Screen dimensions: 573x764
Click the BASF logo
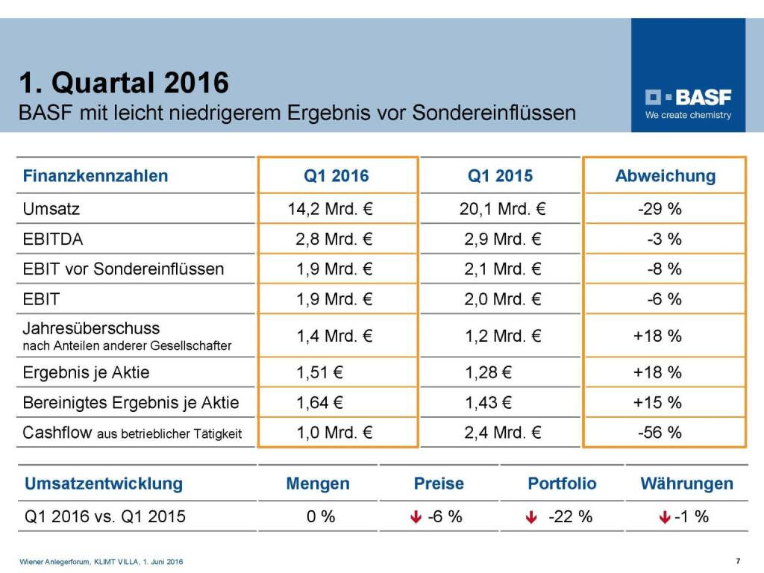(x=688, y=97)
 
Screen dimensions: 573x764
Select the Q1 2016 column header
(x=336, y=176)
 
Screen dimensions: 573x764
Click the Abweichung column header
(x=665, y=176)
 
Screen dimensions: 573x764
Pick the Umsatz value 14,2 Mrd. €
(x=331, y=209)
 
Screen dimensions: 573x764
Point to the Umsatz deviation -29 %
(x=660, y=209)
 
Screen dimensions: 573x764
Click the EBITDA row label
(x=53, y=239)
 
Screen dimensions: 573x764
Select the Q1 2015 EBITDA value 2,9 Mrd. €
(x=503, y=239)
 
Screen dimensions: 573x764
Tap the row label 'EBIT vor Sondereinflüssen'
(x=123, y=269)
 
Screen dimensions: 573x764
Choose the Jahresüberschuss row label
(x=91, y=328)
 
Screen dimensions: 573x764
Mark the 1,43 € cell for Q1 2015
(x=487, y=403)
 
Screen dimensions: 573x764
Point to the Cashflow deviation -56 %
(x=660, y=433)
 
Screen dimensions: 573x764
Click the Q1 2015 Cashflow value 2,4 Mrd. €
(x=503, y=433)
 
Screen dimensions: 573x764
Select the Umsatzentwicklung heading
(x=104, y=483)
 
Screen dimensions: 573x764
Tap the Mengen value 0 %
(x=321, y=516)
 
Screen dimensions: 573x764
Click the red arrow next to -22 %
(x=530, y=517)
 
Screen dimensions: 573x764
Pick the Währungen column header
(x=686, y=483)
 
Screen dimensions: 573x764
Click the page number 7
(x=738, y=561)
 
